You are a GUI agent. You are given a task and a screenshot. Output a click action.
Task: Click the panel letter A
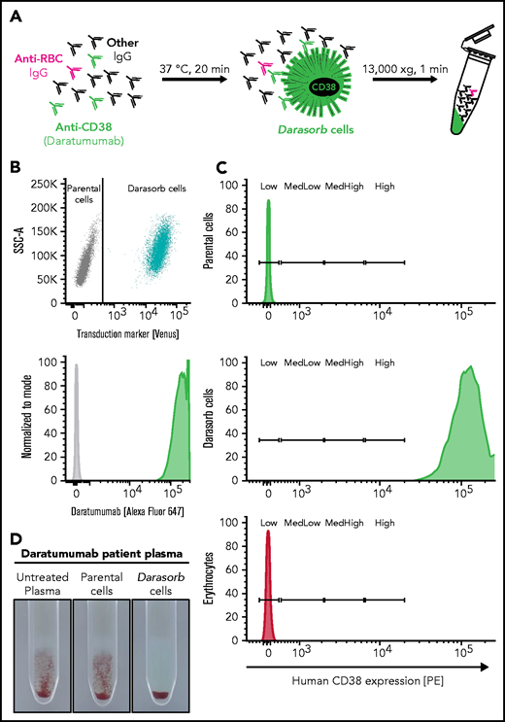pyautogui.click(x=14, y=13)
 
